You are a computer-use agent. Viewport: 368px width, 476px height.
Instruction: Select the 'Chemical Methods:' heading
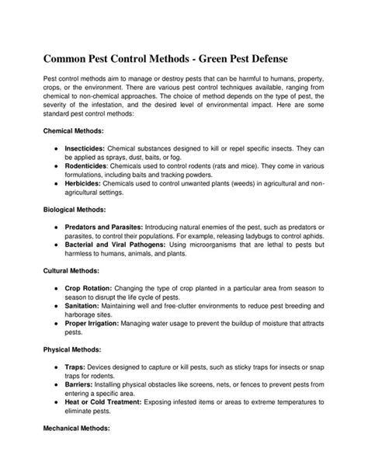click(73, 131)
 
